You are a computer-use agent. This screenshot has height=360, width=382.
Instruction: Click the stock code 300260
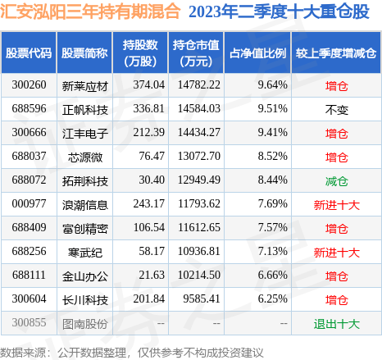(x=29, y=84)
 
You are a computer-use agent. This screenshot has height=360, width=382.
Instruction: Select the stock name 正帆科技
(x=84, y=107)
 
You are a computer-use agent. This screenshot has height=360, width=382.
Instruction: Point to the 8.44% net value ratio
(x=269, y=180)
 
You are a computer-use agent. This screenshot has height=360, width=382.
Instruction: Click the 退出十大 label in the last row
(x=336, y=325)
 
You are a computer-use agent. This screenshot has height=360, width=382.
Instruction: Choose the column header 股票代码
(x=29, y=52)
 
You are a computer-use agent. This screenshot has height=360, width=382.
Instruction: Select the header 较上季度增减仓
(x=336, y=52)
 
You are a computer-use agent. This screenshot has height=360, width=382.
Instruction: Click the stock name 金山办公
(x=84, y=276)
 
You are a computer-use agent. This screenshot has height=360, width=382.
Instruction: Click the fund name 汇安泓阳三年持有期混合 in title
(x=91, y=13)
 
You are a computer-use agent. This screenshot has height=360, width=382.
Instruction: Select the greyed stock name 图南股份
(x=84, y=325)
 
